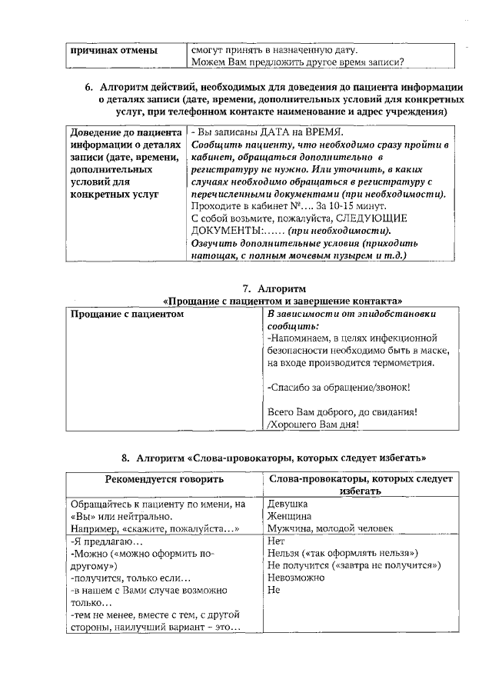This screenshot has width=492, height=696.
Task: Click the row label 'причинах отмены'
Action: (113, 51)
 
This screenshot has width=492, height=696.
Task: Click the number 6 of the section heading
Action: (88, 86)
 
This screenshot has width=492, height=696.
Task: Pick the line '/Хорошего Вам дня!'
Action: (312, 424)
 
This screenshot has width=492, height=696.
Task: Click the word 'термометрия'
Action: (402, 362)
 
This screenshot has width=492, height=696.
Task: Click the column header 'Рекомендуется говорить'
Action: (164, 479)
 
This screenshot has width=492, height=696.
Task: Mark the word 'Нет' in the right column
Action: (275, 541)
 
